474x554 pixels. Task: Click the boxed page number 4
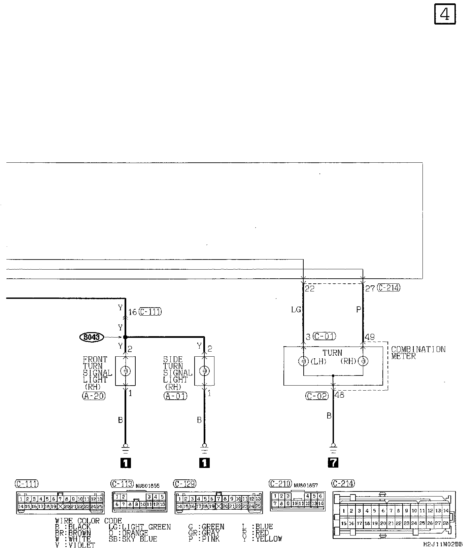(445, 14)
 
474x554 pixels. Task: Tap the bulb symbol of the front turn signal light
(125, 371)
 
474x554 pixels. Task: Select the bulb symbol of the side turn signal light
(204, 371)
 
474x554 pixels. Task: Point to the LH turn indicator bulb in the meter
(303, 361)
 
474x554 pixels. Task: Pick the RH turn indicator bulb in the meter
(363, 361)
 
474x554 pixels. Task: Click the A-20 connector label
(94, 396)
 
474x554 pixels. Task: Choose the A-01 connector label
(175, 396)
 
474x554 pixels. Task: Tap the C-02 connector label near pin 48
(317, 396)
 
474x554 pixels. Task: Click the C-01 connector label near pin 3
(325, 336)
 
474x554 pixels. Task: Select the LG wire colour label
(296, 310)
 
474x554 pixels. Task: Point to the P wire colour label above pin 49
(359, 310)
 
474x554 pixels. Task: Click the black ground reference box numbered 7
(333, 463)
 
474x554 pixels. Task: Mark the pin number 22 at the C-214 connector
(309, 288)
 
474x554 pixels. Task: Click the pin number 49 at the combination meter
(370, 337)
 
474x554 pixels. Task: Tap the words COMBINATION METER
(418, 353)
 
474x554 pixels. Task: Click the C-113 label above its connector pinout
(122, 484)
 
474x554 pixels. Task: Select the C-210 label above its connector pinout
(280, 484)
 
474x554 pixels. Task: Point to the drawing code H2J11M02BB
(443, 544)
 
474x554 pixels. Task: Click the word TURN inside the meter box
(332, 353)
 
